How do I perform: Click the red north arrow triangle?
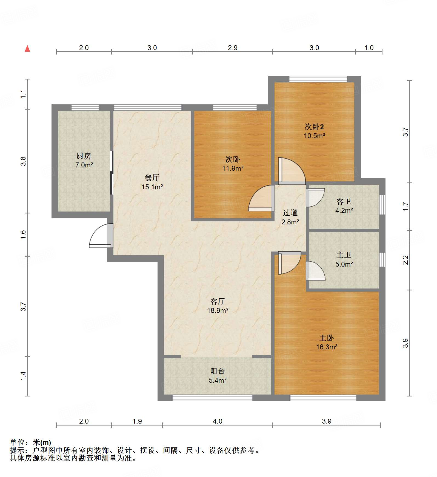click(x=27, y=49)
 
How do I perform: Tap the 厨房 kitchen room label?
click(x=84, y=156)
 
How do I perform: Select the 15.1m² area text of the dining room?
click(x=152, y=187)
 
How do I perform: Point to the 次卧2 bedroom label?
click(x=314, y=127)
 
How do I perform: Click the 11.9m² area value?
click(x=233, y=168)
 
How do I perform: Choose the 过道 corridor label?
click(x=290, y=213)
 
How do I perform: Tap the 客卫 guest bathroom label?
click(x=344, y=202)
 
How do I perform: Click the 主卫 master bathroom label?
click(x=344, y=255)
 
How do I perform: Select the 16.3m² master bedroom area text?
click(x=327, y=347)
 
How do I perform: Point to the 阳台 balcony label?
click(x=217, y=371)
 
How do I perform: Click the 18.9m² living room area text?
click(x=218, y=311)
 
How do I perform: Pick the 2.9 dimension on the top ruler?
click(x=233, y=48)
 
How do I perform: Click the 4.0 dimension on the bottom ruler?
click(x=218, y=421)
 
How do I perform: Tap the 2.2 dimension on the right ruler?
click(x=405, y=260)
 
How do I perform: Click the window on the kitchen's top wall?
click(x=85, y=108)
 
